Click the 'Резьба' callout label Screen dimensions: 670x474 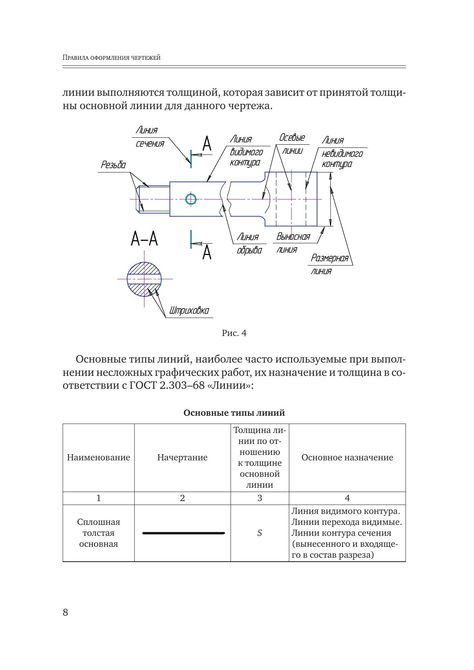[113, 165]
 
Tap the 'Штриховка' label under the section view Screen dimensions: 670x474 [189, 311]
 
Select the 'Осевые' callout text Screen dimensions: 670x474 [292, 138]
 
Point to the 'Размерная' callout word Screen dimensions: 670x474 [329, 259]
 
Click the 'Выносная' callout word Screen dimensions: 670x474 [293, 237]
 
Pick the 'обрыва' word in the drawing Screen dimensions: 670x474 [249, 250]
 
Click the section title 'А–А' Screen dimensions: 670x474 [144, 239]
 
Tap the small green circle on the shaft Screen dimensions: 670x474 [191, 199]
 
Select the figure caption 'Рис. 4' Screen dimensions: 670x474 [234, 333]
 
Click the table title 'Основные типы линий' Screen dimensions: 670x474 [234, 413]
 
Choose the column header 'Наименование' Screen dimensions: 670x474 [98, 458]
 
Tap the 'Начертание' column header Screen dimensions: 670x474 [182, 458]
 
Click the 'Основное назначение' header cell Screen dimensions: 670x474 [347, 458]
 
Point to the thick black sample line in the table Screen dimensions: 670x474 [183, 533]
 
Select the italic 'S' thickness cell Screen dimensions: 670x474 [260, 533]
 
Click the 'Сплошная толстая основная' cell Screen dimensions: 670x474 [98, 533]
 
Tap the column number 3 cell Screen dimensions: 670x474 [260, 498]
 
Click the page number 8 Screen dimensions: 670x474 [65, 613]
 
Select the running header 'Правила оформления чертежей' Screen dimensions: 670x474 [112, 58]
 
